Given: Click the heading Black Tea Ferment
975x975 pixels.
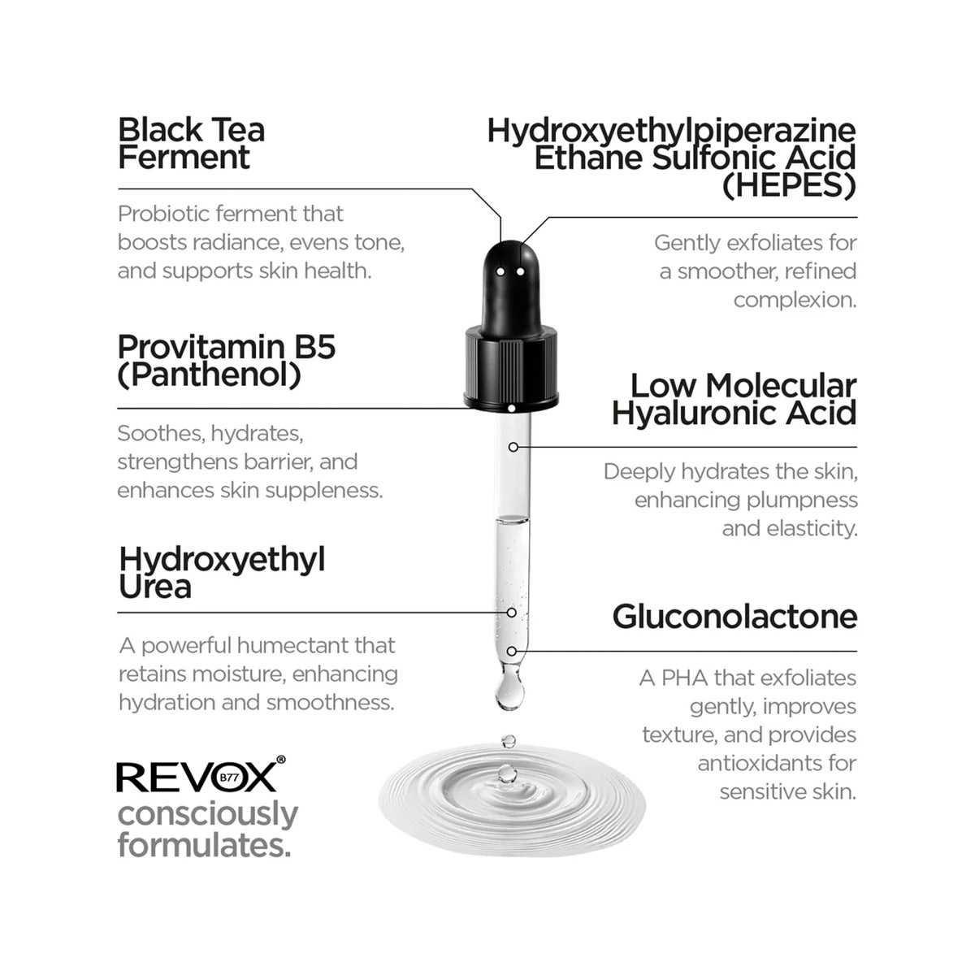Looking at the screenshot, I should tap(192, 143).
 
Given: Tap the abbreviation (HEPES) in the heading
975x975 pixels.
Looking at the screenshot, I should tap(789, 186).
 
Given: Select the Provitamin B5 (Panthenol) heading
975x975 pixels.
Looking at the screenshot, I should tap(227, 360).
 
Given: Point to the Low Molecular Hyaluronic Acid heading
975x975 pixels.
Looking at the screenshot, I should tap(734, 399).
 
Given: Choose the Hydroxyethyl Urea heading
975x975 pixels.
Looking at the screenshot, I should tap(222, 573).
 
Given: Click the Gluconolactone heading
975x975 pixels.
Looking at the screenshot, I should tap(734, 617).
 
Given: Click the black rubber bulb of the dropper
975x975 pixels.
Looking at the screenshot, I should tap(512, 280).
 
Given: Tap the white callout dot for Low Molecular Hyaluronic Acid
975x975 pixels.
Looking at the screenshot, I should tap(513, 447).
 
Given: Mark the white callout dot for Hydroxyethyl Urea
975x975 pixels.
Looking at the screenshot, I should tap(512, 613).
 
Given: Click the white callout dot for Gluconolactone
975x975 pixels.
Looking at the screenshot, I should tap(512, 651).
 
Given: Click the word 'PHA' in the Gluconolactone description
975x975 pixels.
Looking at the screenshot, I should tap(687, 678).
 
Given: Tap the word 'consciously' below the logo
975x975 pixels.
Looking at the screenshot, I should tap(208, 813).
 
